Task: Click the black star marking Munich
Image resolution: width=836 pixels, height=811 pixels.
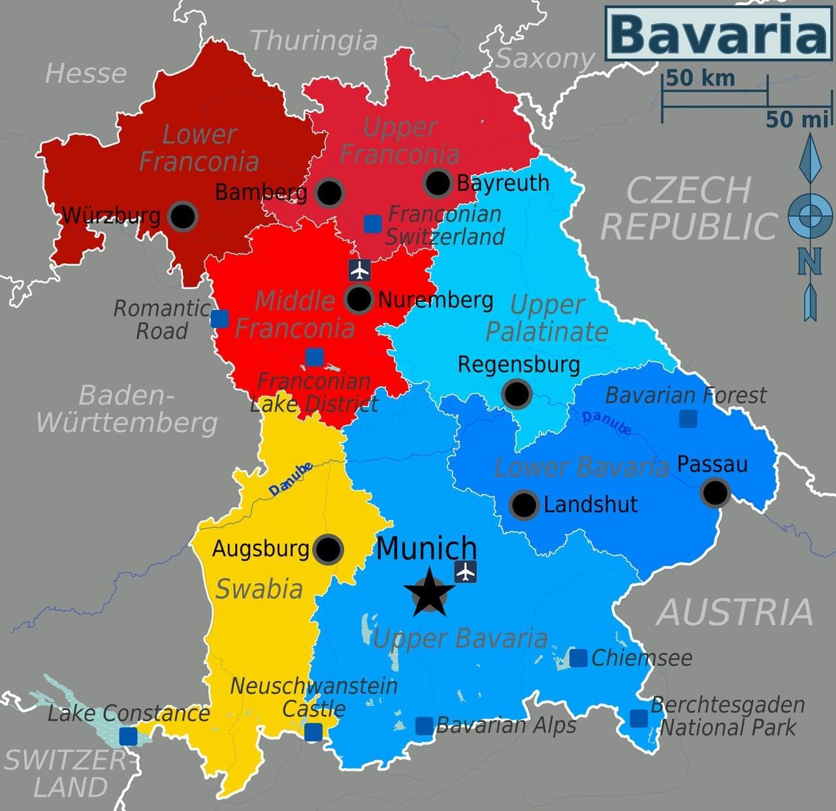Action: pos(429,593)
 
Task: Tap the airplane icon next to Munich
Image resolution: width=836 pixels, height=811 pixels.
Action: pos(465,572)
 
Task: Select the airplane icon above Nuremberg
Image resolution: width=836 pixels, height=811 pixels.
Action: pos(359,269)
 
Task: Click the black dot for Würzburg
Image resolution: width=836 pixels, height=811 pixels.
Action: pos(182,216)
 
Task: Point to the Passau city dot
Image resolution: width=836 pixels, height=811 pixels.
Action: pos(715,493)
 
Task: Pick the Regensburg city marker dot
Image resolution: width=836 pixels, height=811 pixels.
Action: pos(517,394)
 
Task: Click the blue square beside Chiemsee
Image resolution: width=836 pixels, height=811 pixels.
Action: pos(578,658)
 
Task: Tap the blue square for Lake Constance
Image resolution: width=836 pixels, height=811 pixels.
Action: pos(128,737)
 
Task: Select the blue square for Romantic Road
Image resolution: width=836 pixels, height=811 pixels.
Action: pos(219,319)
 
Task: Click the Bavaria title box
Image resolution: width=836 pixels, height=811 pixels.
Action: pos(718,34)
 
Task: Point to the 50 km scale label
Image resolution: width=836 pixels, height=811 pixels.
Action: pos(700,78)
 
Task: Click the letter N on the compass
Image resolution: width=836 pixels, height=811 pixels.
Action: pos(810,262)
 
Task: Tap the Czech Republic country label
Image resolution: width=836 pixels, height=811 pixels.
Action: pos(688,208)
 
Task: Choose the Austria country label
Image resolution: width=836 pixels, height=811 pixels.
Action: pos(735,612)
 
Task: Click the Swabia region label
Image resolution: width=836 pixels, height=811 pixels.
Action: pos(259,589)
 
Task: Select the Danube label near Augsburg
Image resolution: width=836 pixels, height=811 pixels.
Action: pos(291,479)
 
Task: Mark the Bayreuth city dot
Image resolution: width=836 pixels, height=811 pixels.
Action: pos(437,183)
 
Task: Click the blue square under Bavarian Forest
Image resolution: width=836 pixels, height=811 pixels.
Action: pos(688,418)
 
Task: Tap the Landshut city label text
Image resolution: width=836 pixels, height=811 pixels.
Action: pos(590,505)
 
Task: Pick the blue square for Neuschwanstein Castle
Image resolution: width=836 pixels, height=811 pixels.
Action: pos(313,732)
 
